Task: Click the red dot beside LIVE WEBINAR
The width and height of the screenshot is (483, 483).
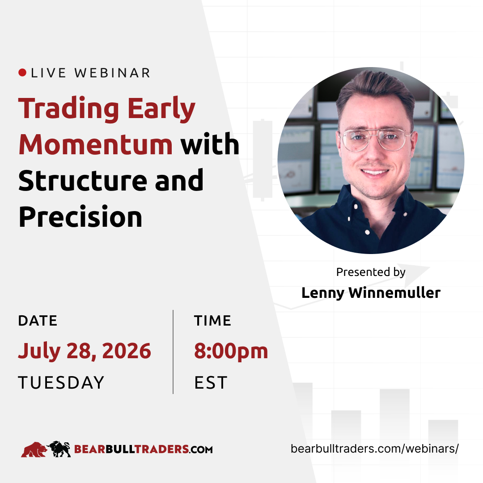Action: click(22, 73)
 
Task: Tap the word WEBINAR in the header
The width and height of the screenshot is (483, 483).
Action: click(112, 73)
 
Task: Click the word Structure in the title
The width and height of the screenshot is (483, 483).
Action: click(83, 180)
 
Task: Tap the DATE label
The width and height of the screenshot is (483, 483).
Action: click(38, 321)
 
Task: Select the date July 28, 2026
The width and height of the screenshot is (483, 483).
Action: click(85, 351)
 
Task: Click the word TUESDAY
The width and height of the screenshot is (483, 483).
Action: click(61, 382)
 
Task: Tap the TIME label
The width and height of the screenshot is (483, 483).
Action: click(212, 321)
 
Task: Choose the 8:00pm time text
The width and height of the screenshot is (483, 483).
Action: click(231, 351)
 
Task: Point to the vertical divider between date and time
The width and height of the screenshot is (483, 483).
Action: click(173, 352)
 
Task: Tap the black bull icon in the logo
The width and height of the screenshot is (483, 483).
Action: click(59, 449)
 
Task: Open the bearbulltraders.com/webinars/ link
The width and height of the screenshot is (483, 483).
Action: click(375, 449)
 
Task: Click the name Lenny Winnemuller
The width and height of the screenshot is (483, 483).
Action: click(371, 292)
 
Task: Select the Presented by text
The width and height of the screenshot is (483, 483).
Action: click(371, 272)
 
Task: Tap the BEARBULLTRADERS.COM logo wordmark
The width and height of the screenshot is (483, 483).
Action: click(144, 449)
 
